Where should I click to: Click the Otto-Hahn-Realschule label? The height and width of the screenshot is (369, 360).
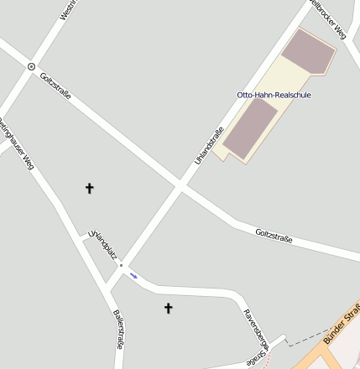pos(274,95)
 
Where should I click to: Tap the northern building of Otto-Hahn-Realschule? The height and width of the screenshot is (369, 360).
pos(308,52)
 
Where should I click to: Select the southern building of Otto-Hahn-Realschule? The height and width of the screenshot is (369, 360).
pos(249,128)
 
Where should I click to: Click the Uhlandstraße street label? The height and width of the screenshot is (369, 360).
pos(209,144)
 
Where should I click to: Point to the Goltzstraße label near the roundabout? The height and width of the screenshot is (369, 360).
pos(55,86)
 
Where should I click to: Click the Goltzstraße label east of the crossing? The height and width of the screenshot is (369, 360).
pos(274,236)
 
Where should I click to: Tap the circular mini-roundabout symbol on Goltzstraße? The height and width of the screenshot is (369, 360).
pos(31,66)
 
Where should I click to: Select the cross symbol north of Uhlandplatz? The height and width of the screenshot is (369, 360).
pos(90,188)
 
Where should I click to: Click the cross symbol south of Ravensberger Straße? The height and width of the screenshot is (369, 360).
pos(168,309)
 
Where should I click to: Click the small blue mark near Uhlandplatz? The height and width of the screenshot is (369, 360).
pos(134,274)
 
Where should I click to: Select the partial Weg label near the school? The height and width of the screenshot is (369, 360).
pos(328,19)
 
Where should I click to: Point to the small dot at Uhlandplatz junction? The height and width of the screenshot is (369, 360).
pos(122,266)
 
